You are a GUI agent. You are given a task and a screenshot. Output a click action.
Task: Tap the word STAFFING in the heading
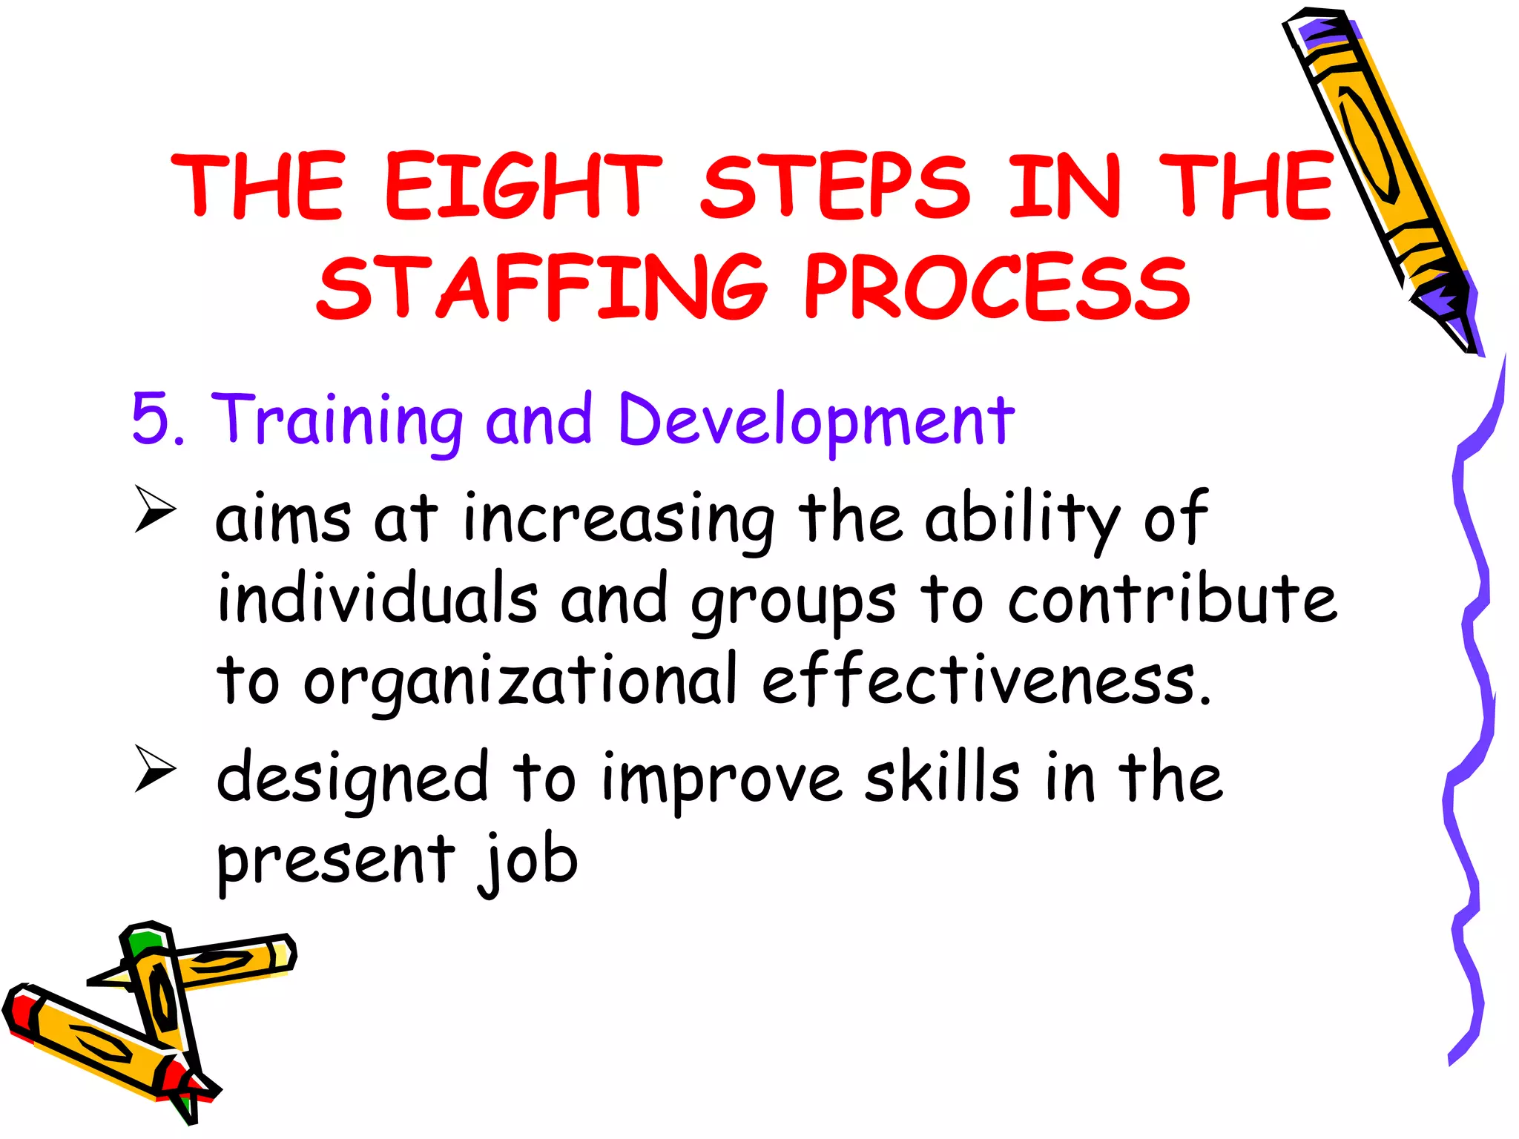542,288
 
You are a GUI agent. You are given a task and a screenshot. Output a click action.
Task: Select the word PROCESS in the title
997,288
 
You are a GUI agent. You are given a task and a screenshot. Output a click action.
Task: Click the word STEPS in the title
834,186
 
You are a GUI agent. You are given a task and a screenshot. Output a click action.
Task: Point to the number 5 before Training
151,419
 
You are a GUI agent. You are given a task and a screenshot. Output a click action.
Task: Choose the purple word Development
816,420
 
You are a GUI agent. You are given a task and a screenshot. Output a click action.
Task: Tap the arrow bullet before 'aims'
156,509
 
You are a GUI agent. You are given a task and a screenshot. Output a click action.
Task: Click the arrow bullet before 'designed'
156,769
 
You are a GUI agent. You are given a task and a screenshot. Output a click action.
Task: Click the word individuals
377,598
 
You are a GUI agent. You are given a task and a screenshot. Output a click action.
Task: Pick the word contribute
1171,598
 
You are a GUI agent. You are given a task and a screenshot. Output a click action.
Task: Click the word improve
721,780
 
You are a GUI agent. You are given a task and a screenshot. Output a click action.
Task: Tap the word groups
793,602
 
